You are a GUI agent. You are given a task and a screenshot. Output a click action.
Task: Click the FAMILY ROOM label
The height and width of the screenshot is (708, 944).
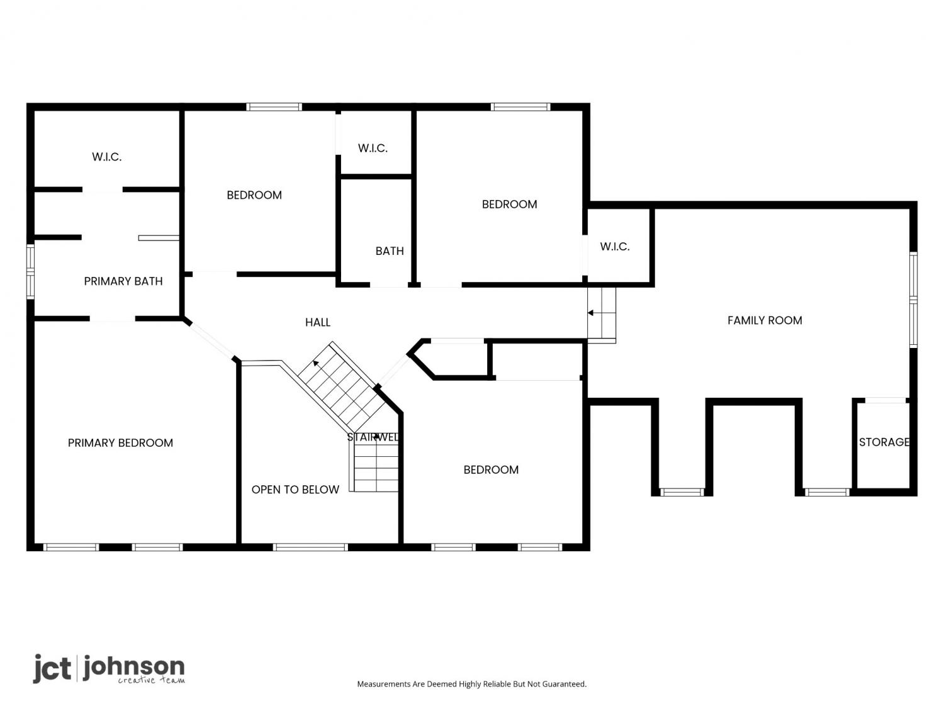(764, 320)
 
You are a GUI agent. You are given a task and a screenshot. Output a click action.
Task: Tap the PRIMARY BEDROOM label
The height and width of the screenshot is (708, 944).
(120, 443)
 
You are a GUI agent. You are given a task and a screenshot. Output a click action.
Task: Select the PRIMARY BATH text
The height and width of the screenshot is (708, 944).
(123, 281)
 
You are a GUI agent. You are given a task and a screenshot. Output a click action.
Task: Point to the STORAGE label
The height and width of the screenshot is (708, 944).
(884, 442)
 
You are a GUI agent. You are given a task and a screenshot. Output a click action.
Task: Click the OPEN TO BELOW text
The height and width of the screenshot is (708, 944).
(295, 490)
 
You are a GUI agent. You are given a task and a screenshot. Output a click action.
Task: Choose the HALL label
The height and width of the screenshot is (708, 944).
(317, 322)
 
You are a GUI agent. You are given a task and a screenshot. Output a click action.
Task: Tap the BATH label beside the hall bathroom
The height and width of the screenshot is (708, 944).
(389, 251)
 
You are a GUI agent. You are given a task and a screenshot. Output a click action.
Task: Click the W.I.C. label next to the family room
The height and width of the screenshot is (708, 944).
(615, 247)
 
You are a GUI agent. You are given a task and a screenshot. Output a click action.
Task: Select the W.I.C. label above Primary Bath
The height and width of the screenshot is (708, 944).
(106, 157)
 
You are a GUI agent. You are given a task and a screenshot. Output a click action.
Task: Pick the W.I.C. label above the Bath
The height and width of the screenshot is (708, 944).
(373, 149)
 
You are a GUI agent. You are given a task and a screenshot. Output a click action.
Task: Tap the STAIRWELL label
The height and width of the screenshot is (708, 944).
(373, 437)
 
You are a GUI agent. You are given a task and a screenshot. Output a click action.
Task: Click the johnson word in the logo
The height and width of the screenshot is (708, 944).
(133, 667)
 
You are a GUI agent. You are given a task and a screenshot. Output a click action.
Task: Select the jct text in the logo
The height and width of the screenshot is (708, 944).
(52, 668)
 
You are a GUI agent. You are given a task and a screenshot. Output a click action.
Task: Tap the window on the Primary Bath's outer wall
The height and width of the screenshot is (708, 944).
(31, 272)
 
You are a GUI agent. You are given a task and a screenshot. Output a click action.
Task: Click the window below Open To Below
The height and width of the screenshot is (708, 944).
(310, 548)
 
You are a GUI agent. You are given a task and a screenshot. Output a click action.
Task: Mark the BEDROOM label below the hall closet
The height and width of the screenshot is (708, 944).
(491, 470)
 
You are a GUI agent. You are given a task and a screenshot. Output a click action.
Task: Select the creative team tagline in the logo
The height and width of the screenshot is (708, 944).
(152, 680)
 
